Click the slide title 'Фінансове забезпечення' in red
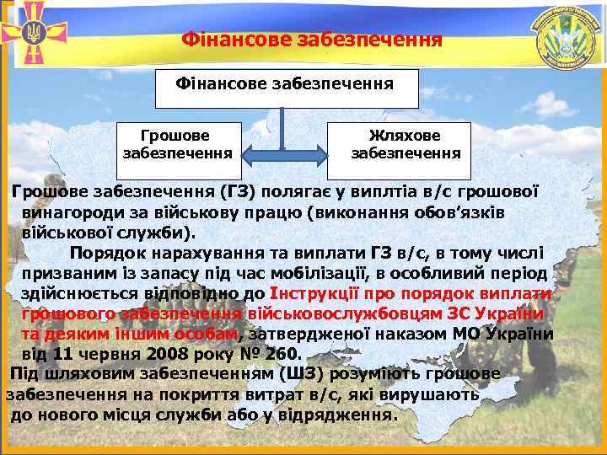[x=312, y=40]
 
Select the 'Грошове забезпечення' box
[x=178, y=144]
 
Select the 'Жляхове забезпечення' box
[x=406, y=144]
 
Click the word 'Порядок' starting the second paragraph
[x=106, y=253]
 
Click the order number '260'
[x=282, y=354]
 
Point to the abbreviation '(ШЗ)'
[x=302, y=374]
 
